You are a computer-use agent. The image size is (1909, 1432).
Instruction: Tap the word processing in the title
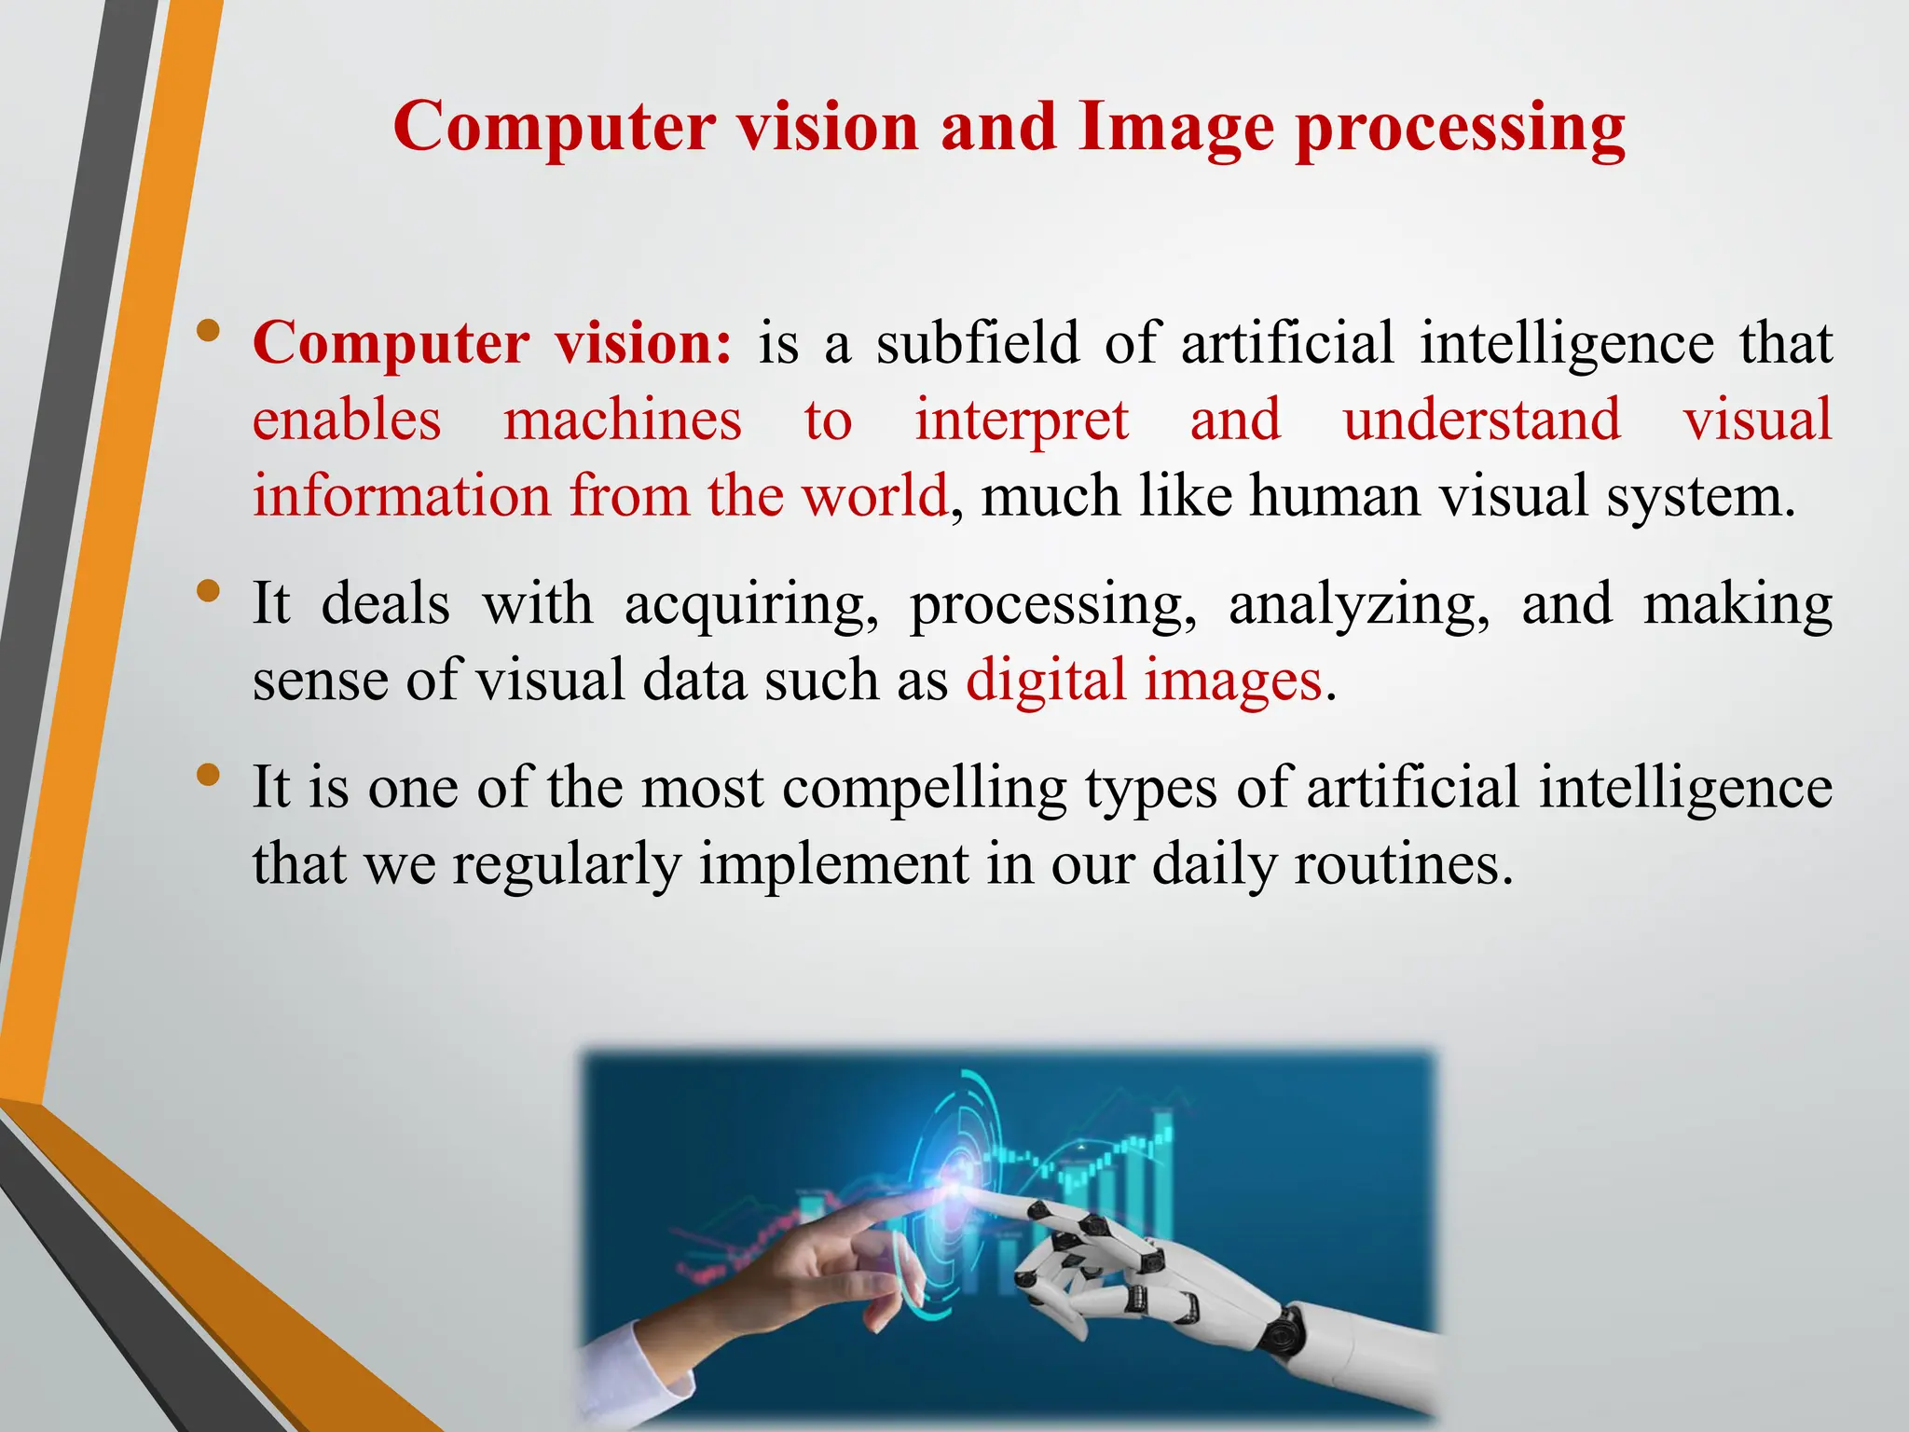click(x=1461, y=128)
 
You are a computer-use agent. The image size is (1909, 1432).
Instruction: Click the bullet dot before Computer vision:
click(x=209, y=330)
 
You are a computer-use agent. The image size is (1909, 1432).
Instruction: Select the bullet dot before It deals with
click(x=209, y=591)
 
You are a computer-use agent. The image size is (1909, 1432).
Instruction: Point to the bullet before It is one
click(x=209, y=775)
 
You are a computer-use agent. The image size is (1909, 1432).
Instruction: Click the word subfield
click(x=978, y=342)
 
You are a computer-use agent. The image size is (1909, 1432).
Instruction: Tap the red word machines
click(x=623, y=420)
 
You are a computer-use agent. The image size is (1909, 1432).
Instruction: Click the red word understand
click(x=1481, y=420)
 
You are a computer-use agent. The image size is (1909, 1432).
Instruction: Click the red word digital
click(x=1046, y=681)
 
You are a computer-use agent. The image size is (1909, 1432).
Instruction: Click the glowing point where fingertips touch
click(x=956, y=1189)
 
